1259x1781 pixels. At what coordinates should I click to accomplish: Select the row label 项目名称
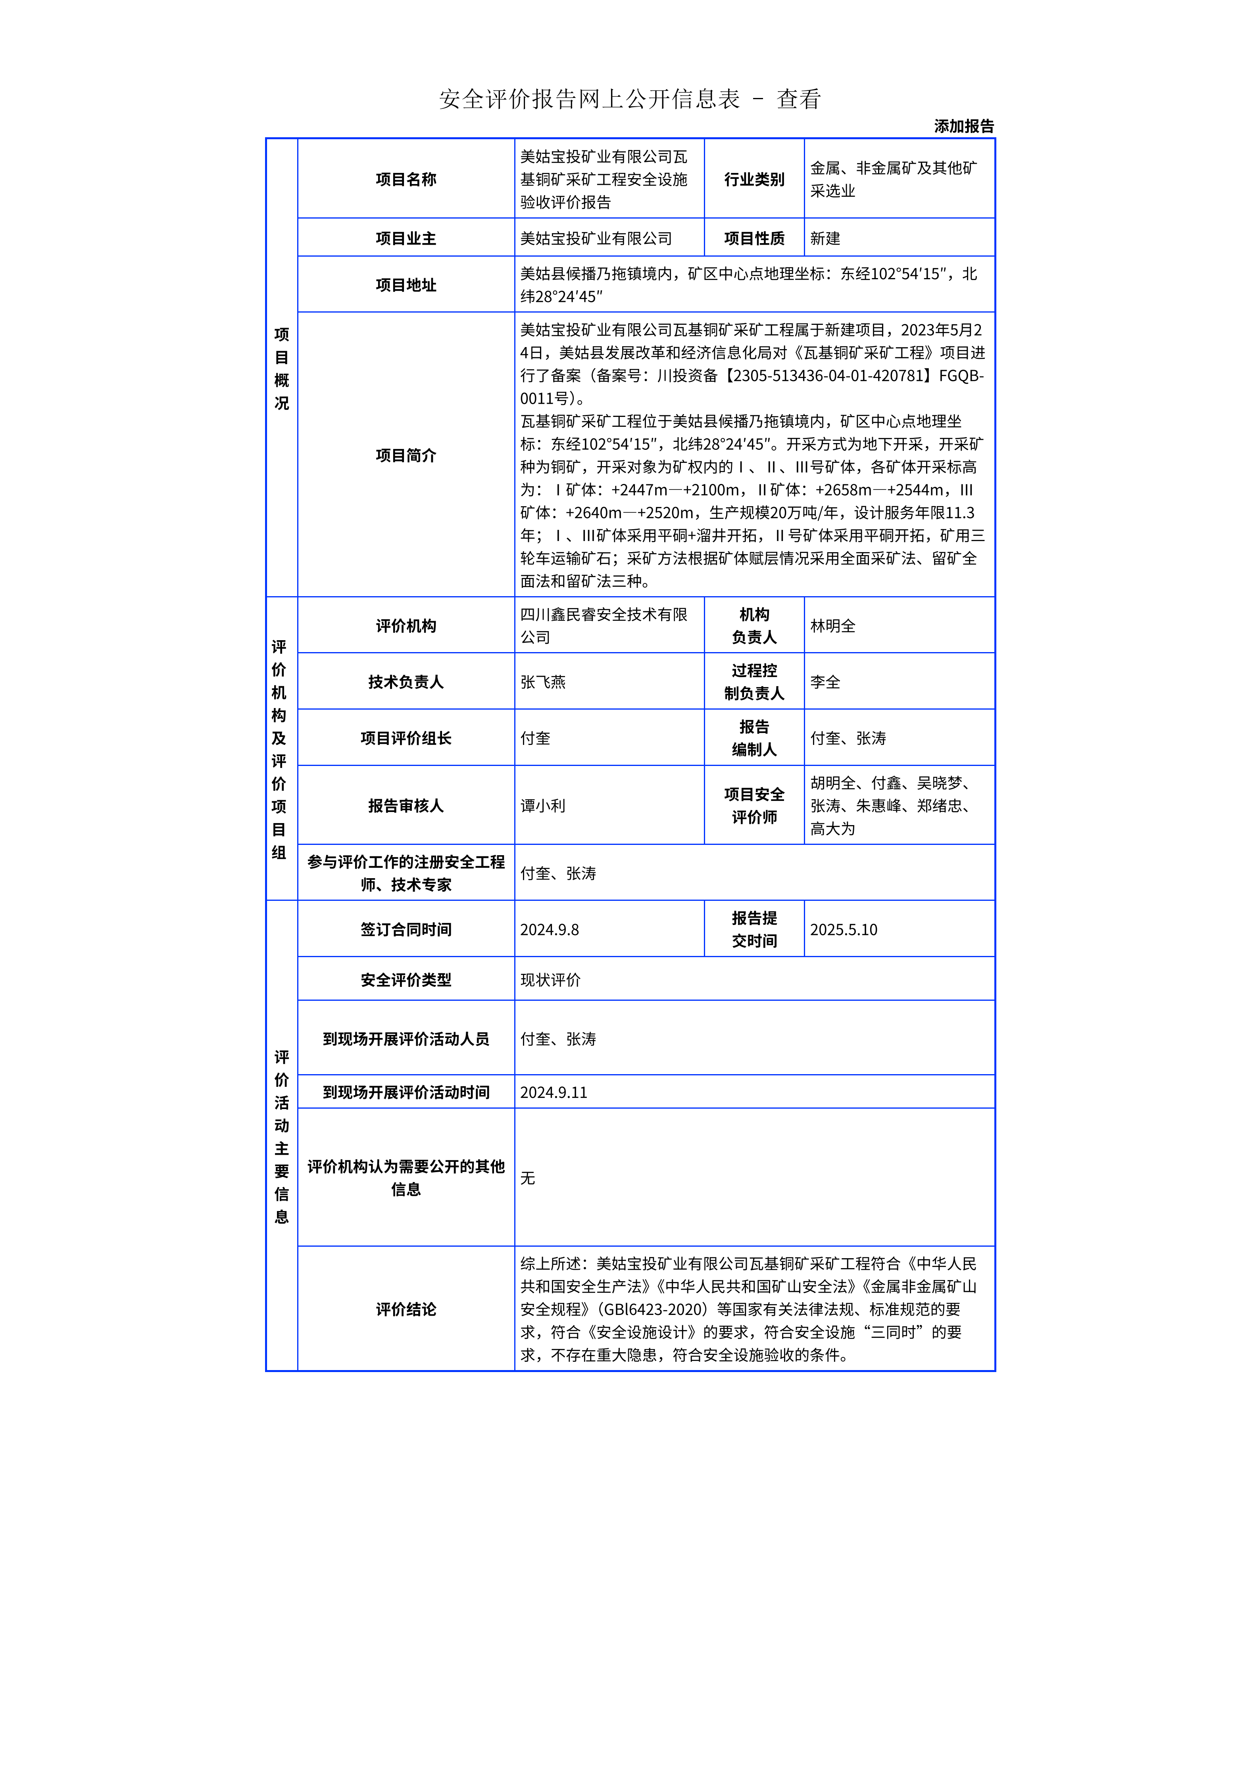(x=406, y=179)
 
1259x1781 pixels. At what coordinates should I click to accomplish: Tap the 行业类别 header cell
(x=754, y=179)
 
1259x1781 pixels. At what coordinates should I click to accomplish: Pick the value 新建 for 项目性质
(x=825, y=238)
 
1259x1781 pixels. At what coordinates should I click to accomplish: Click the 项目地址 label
(x=406, y=285)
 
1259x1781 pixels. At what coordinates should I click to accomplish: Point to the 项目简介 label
(x=406, y=455)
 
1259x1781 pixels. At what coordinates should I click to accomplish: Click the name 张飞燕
(x=543, y=682)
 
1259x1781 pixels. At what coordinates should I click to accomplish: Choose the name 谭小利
(x=543, y=806)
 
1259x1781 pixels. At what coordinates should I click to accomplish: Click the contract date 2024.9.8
(x=549, y=929)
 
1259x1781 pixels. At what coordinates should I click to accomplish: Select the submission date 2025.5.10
(x=843, y=929)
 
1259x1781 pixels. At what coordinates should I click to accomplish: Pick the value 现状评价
(x=550, y=980)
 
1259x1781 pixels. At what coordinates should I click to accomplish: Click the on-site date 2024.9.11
(x=553, y=1092)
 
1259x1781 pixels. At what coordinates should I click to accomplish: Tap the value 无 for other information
(x=527, y=1178)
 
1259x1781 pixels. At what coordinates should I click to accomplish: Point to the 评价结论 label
(x=406, y=1309)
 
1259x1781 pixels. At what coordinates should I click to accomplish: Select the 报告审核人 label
(x=406, y=806)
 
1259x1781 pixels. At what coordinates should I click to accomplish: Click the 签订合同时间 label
(x=406, y=929)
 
